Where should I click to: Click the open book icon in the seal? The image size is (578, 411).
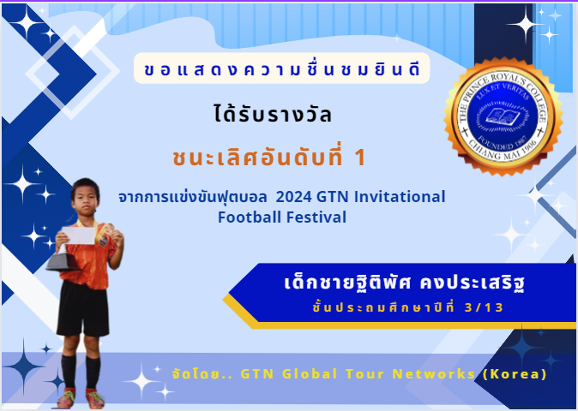[503, 117]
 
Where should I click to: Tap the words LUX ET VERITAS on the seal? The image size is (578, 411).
[503, 91]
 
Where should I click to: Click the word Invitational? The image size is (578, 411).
[400, 196]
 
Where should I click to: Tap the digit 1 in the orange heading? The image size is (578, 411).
[359, 158]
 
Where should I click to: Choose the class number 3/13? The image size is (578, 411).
[484, 307]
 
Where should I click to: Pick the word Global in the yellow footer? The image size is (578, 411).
[310, 374]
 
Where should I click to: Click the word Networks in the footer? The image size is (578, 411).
[434, 374]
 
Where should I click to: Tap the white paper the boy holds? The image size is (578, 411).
[78, 235]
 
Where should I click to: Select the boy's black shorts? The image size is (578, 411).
[83, 308]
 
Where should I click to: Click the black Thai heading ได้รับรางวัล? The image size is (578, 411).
[273, 114]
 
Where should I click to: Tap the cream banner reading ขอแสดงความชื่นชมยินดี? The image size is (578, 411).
[282, 68]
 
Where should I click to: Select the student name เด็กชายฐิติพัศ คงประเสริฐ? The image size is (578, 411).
[405, 283]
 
